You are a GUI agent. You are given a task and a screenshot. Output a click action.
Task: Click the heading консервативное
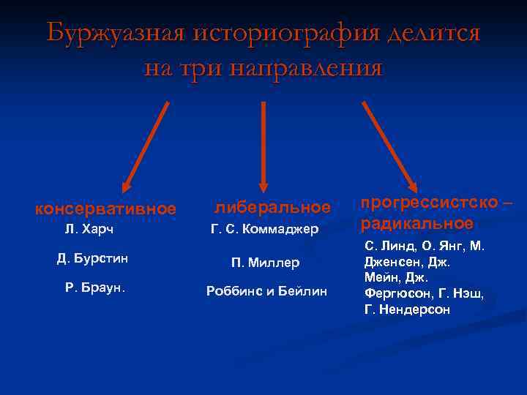point(106,209)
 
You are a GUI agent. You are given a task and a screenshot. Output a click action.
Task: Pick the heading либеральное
point(272,208)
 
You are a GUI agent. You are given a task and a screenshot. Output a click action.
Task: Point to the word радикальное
point(417,222)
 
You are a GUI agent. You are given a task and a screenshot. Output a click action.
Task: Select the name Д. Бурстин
point(94,258)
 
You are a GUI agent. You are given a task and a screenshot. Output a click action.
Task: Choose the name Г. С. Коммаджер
point(265,230)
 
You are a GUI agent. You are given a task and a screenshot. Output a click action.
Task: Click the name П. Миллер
point(265,263)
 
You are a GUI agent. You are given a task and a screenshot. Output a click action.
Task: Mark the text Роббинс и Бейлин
point(266,291)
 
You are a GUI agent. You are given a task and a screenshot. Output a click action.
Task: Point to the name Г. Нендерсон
point(408,310)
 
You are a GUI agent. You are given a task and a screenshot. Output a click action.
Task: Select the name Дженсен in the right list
point(396,262)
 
